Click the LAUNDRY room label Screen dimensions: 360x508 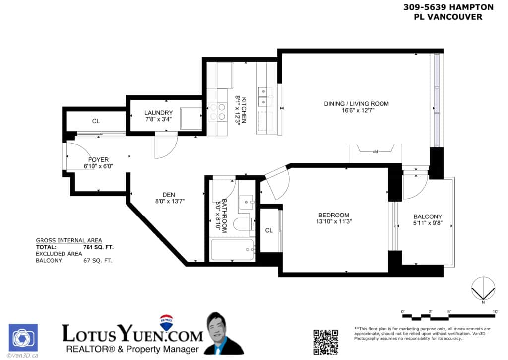point(159,113)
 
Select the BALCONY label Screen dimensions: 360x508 point(427,216)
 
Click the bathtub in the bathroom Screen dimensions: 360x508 point(232,249)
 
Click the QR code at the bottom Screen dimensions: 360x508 point(325,341)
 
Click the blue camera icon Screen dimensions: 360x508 point(23,338)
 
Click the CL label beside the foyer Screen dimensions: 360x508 point(96,121)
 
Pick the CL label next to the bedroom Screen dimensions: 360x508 point(269,230)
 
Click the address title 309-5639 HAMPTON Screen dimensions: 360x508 point(447,7)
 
